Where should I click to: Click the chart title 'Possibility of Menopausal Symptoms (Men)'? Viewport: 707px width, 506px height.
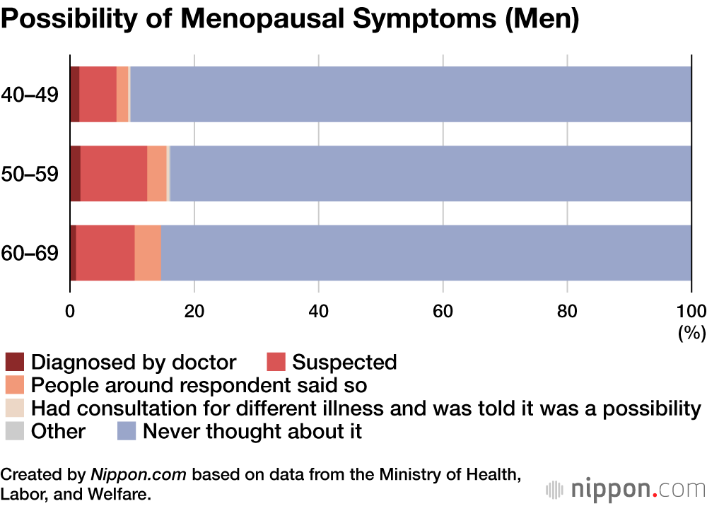tap(290, 19)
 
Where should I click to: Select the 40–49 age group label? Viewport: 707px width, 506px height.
tap(30, 94)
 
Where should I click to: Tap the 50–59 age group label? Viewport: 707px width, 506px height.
tap(30, 174)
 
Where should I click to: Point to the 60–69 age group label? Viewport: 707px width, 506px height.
tap(30, 253)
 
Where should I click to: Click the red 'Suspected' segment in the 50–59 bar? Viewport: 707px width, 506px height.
tap(114, 174)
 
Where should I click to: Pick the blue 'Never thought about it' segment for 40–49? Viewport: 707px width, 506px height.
tap(410, 94)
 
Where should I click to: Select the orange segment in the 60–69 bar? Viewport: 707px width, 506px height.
tap(148, 253)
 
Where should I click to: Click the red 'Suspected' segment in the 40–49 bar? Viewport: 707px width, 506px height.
tap(98, 94)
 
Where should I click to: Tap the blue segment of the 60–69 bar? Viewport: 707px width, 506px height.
tap(424, 253)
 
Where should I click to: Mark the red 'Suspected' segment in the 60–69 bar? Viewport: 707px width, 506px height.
tap(105, 253)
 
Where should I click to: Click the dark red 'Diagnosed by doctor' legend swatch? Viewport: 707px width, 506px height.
tap(15, 363)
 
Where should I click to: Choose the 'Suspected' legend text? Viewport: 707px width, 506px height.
tap(344, 363)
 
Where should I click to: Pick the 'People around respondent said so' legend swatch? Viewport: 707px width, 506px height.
tap(15, 386)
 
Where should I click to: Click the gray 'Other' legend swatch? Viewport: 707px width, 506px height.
tap(15, 431)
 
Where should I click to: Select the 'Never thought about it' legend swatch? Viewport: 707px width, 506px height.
tap(127, 431)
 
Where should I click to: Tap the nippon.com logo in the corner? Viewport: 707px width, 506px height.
tap(626, 488)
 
